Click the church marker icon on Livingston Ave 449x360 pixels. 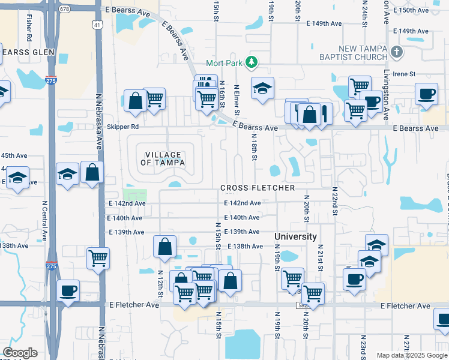397,53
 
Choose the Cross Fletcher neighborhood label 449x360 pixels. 258,188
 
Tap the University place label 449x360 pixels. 295,237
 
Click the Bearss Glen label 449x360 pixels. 28,52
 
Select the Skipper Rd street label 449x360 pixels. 122,127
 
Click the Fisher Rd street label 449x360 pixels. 29,23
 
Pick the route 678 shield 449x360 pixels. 65,9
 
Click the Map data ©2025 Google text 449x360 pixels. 411,355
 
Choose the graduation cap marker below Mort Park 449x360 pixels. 262,88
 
